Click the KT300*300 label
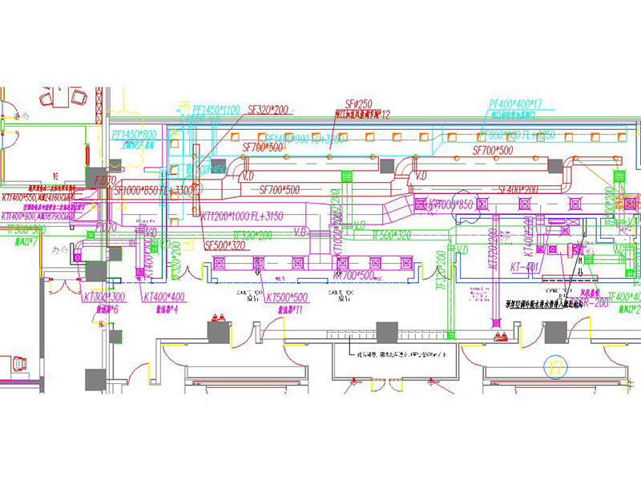[x=102, y=297]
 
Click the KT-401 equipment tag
[x=522, y=265]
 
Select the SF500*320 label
[x=226, y=245]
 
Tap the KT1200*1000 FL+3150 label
[x=242, y=216]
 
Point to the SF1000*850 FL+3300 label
[x=155, y=192]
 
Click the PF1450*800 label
[x=134, y=135]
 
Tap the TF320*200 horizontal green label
[x=248, y=236]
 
